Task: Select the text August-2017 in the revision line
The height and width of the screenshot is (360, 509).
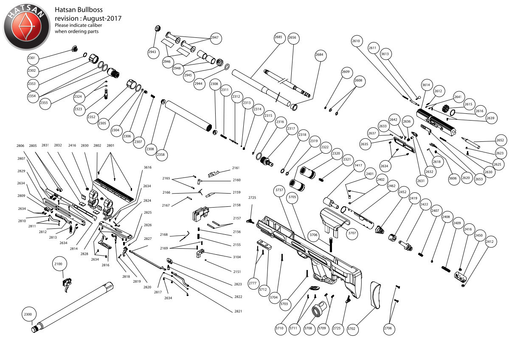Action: pyautogui.click(x=102, y=18)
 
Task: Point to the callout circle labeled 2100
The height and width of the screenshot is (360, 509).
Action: pyautogui.click(x=59, y=264)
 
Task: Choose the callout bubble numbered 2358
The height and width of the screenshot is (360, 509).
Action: pyautogui.click(x=161, y=155)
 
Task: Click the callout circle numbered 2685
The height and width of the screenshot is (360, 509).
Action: pyautogui.click(x=278, y=37)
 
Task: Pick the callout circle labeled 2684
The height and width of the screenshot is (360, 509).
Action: pyautogui.click(x=319, y=55)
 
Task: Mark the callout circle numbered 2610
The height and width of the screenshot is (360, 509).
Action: pyautogui.click(x=356, y=41)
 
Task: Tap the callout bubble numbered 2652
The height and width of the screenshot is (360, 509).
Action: pyautogui.click(x=500, y=141)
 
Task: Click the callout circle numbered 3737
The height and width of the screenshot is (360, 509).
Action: pyautogui.click(x=279, y=191)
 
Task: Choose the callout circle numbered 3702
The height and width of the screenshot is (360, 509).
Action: pyautogui.click(x=352, y=328)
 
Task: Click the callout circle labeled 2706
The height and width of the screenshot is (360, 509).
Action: pyautogui.click(x=388, y=328)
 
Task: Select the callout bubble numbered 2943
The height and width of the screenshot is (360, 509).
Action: pyautogui.click(x=152, y=52)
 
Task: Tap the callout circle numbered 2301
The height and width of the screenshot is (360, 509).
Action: pyautogui.click(x=32, y=58)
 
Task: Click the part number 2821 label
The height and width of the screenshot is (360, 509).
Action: pyautogui.click(x=238, y=311)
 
